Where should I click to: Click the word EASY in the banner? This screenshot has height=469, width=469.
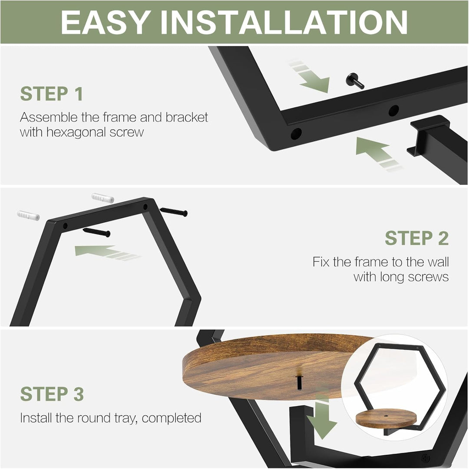pos(106,22)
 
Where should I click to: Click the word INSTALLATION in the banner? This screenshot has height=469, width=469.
pos(284,22)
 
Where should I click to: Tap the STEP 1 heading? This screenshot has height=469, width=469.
pos(52,94)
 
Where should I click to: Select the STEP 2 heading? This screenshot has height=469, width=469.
pos(416,238)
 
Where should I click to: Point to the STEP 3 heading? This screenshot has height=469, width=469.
pos(52,394)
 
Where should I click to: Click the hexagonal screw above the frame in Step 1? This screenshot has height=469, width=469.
pos(355,81)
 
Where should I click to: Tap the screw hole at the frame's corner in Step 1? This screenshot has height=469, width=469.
pos(296,133)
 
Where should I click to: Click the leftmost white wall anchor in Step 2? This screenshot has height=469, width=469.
pos(28,215)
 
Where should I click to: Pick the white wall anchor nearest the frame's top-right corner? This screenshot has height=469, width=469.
pos(102,198)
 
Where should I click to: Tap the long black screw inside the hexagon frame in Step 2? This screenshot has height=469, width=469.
pos(96,232)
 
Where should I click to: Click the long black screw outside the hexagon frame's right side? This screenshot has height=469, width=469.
pos(174,212)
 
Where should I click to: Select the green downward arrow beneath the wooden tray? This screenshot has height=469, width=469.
pos(322,416)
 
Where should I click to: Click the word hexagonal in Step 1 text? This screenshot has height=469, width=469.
pos(76,132)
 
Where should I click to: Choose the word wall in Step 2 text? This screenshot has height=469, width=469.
pos(438,262)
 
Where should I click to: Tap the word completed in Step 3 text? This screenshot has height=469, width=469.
pos(172,418)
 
